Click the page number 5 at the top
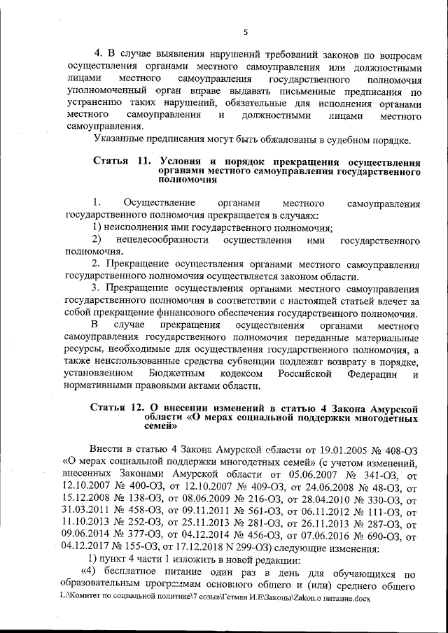(245, 31)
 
